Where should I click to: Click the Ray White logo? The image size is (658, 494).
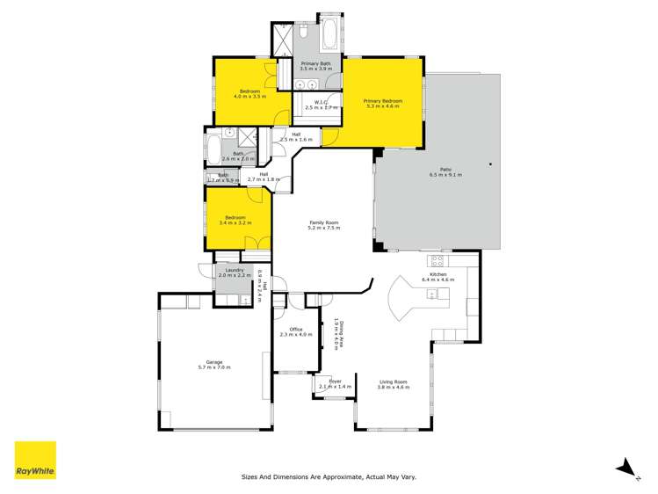(x=35, y=460)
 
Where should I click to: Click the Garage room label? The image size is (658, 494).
(x=213, y=364)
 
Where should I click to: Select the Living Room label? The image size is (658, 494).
(x=393, y=383)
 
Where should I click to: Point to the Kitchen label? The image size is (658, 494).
(x=438, y=276)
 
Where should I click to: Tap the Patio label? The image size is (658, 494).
(x=445, y=172)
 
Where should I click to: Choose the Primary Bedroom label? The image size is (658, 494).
(x=383, y=103)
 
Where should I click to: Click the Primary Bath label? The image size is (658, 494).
(x=315, y=65)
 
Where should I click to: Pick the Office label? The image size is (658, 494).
(x=295, y=331)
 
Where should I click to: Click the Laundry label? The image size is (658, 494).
(x=234, y=272)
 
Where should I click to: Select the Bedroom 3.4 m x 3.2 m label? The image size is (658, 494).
(x=235, y=219)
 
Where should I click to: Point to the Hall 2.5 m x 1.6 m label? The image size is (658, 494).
(x=295, y=136)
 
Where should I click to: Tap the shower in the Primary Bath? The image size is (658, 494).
(x=284, y=40)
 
